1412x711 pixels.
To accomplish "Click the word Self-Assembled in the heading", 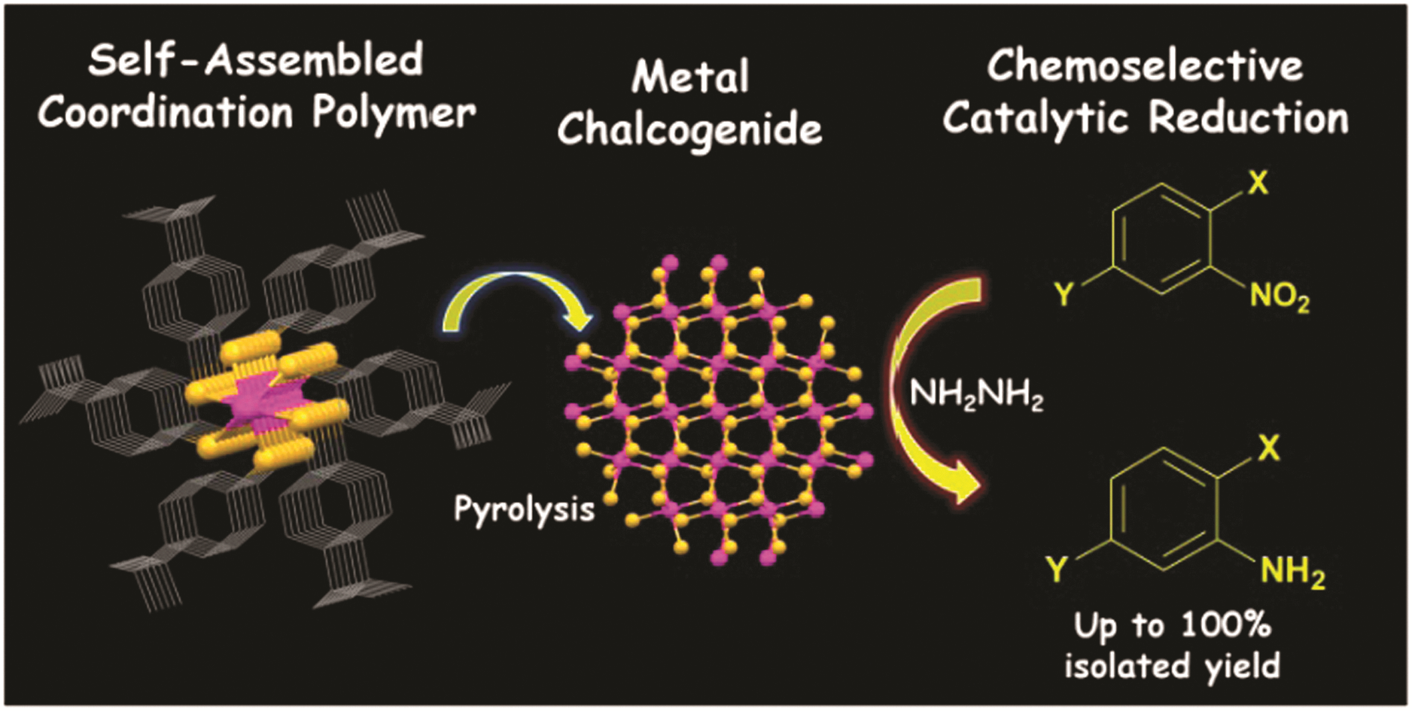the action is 256,60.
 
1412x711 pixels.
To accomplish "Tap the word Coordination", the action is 166,113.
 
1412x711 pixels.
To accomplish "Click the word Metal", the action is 690,77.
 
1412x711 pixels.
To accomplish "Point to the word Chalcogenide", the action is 689,129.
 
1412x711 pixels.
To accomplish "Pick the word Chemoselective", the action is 1145,65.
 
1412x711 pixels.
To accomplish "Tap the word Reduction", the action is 1249,117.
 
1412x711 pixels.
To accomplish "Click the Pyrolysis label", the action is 525,510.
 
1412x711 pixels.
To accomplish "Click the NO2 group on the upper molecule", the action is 1280,297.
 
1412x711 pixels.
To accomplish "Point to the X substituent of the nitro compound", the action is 1258,182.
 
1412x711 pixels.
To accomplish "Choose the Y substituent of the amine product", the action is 1057,570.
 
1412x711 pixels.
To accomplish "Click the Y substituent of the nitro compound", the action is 1064,294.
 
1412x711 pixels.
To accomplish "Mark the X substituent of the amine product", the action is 1268,448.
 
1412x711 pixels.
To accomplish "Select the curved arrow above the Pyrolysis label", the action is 512,283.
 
